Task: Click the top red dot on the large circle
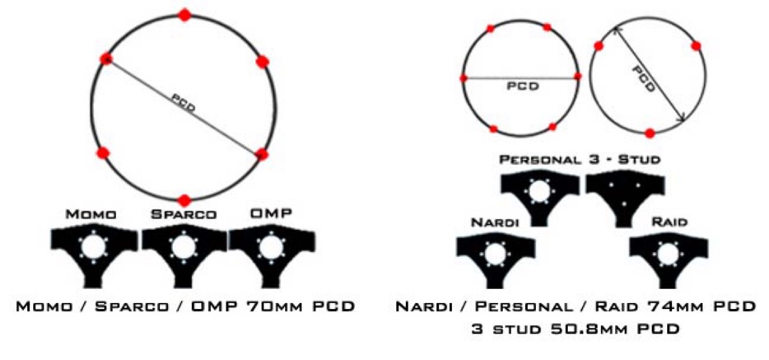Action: coord(184,14)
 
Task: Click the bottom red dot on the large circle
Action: coord(184,200)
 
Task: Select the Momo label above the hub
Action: coord(91,214)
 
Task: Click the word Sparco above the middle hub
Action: coord(184,214)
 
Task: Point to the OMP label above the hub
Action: coord(272,214)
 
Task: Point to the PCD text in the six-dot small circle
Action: coord(522,85)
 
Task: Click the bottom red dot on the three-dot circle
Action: coord(650,133)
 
